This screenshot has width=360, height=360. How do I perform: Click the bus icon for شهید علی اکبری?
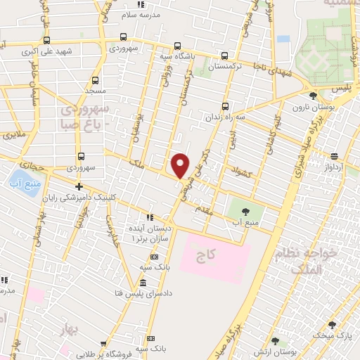[x=47, y=40]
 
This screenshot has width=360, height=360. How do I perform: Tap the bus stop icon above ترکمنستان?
[x=224, y=56]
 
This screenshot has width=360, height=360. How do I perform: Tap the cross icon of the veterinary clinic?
[x=79, y=187]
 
